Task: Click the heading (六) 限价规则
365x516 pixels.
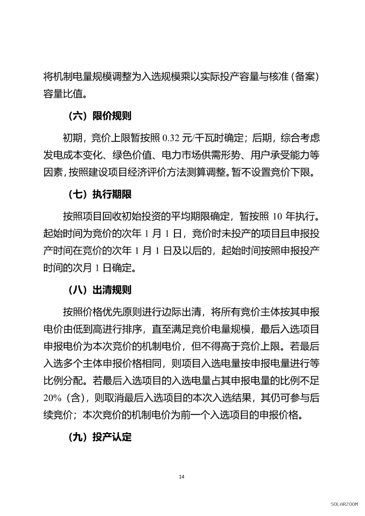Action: [100, 116]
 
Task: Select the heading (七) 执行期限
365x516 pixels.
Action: [100, 194]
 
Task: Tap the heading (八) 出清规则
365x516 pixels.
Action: [100, 290]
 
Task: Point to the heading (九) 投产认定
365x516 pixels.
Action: [100, 437]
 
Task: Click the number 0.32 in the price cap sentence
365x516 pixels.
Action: [171, 138]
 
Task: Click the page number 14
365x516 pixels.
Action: [182, 477]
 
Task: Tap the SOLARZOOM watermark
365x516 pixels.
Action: [344, 504]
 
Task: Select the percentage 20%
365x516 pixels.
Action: [52, 398]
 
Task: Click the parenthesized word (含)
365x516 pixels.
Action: [75, 398]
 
